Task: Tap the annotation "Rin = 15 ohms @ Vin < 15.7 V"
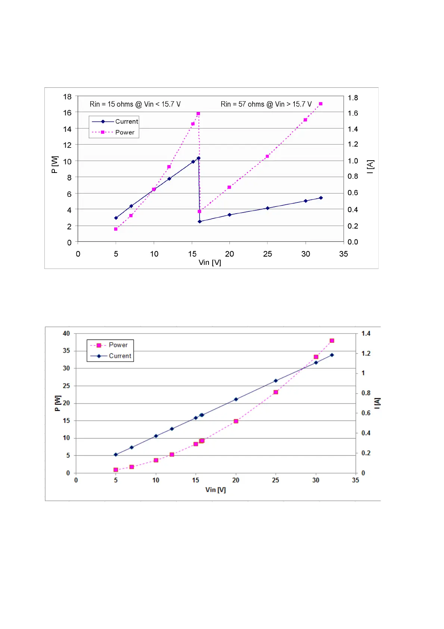point(135,104)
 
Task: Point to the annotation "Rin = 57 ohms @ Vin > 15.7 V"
point(266,104)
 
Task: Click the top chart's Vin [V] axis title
point(210,263)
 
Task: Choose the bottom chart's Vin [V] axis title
point(215,490)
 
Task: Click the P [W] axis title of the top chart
point(54,164)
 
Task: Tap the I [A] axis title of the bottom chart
point(377,403)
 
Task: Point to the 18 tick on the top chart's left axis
point(67,97)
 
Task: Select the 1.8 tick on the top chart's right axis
point(353,98)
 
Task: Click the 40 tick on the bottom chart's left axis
point(66,334)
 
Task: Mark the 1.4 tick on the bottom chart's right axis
point(366,334)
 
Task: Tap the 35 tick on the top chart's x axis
point(343,254)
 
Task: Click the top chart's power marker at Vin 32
point(321,104)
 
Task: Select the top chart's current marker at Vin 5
point(116,218)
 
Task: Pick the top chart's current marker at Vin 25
point(267,208)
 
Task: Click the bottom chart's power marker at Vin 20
point(236,421)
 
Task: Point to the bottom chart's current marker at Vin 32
point(332,355)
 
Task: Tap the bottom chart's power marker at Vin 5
point(116,470)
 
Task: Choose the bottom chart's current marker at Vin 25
point(276,381)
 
